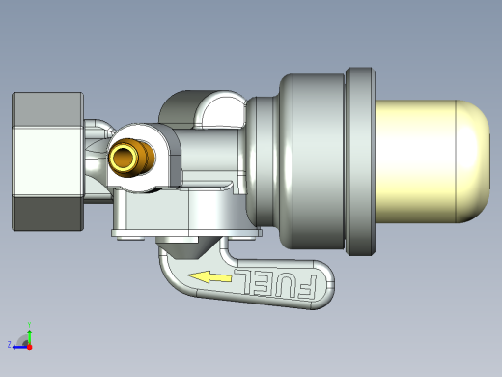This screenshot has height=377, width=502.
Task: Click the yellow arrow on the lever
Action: pos(209,277)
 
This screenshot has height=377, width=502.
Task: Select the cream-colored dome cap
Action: pos(432,161)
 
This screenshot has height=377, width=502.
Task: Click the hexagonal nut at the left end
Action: pos(47,161)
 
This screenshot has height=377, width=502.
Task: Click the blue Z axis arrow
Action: pos(20,348)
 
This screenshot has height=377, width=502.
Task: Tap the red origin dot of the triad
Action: pos(30,347)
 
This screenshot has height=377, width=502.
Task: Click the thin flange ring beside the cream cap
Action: pos(360,161)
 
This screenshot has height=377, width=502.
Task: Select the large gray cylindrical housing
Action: pos(312,161)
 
